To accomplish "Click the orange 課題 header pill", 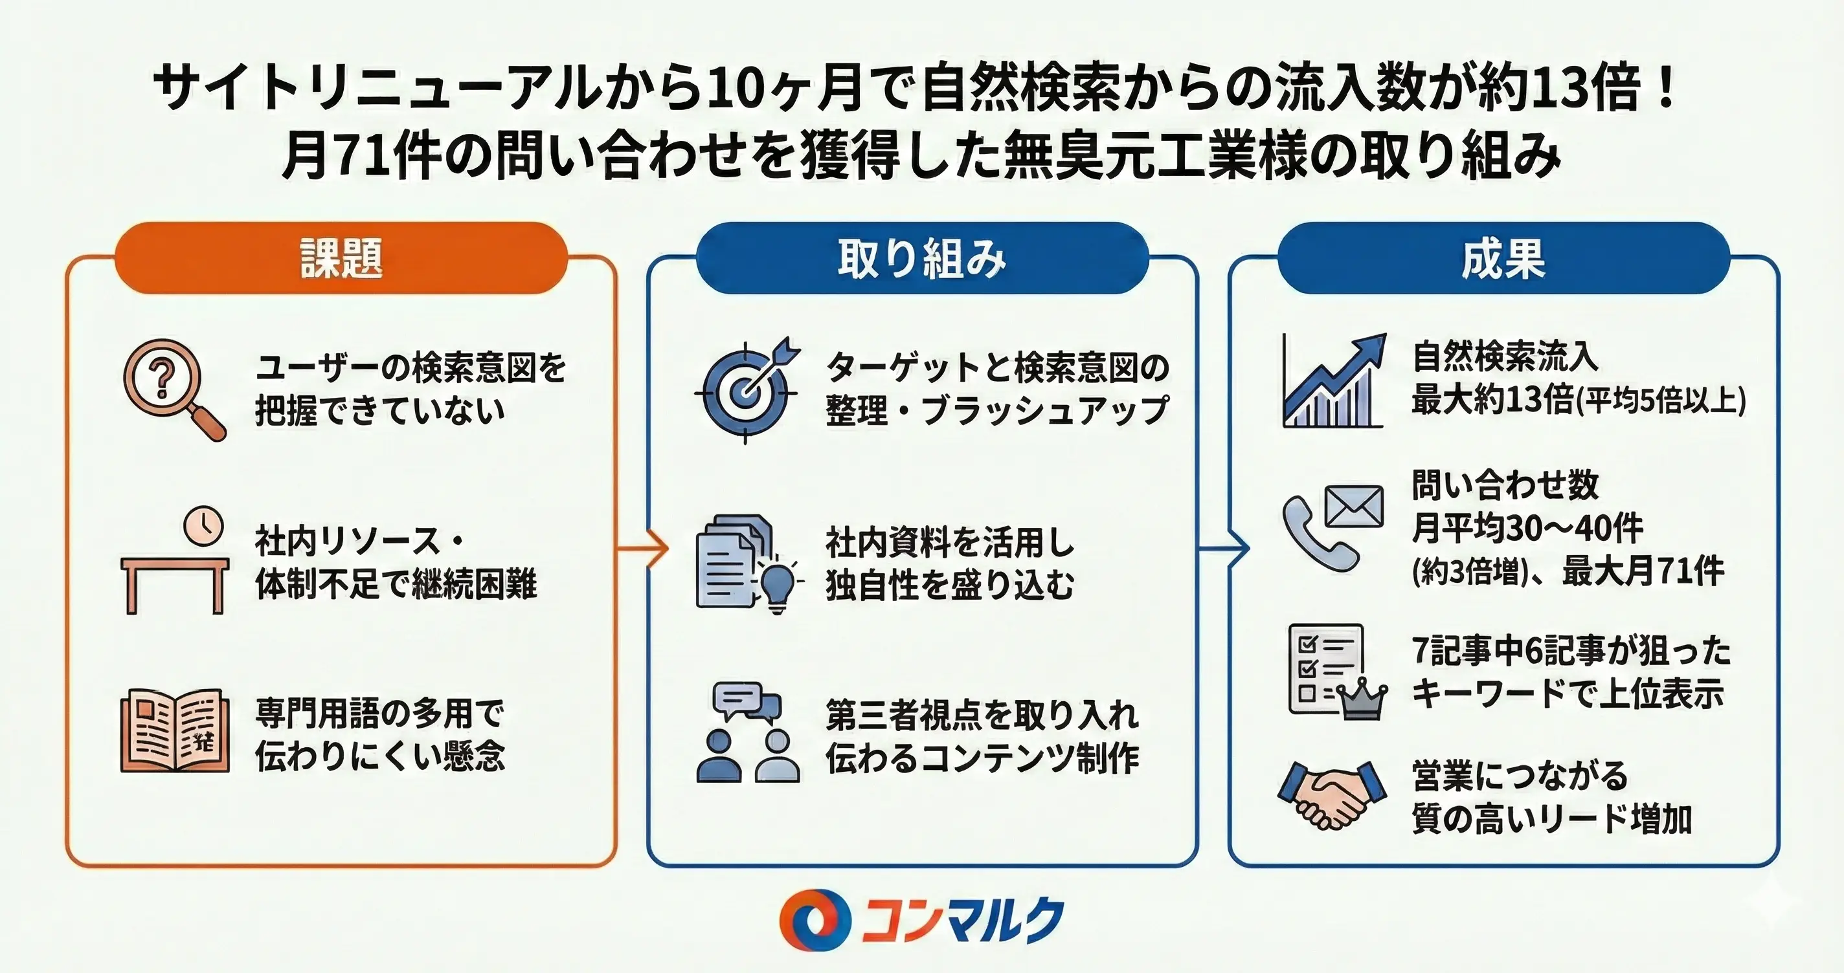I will tap(341, 258).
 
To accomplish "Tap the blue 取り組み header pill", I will tap(922, 258).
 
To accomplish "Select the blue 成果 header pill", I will tap(1503, 258).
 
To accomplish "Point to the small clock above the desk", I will tap(203, 526).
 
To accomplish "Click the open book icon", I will tap(175, 730).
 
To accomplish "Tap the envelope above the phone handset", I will tap(1354, 506).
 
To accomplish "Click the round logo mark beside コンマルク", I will tap(815, 920).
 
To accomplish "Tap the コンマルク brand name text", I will tap(962, 920).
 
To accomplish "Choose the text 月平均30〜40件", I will tap(1527, 529).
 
